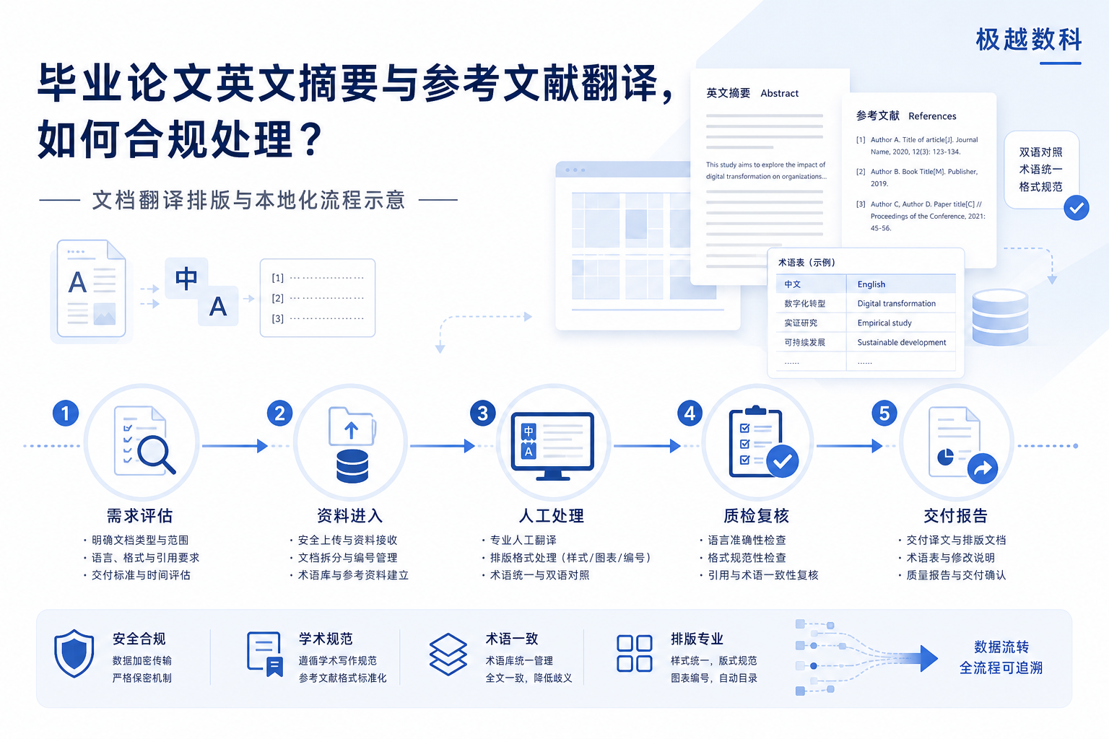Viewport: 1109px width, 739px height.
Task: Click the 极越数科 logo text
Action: click(x=1028, y=40)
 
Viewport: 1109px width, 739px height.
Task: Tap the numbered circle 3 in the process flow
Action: click(x=483, y=413)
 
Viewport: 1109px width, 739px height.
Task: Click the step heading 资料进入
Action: click(x=349, y=516)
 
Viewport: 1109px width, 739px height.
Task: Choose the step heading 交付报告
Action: click(x=955, y=516)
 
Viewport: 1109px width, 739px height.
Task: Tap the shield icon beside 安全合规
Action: click(x=74, y=653)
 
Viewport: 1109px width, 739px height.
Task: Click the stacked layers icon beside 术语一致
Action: click(x=448, y=655)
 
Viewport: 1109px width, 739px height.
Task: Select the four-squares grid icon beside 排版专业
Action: click(x=634, y=653)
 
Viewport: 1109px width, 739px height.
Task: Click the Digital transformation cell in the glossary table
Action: click(x=897, y=303)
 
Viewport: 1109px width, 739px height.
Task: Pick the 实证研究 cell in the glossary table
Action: click(x=801, y=323)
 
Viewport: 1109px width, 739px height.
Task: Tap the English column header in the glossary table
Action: click(x=871, y=284)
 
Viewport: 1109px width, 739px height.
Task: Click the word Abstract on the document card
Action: click(x=779, y=93)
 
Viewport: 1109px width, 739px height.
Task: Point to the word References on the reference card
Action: click(x=932, y=115)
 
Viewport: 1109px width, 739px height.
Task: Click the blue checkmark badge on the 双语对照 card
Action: click(x=1077, y=208)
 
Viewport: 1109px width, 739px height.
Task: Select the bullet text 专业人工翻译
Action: click(x=523, y=540)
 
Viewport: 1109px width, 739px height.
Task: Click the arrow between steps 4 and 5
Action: click(x=850, y=446)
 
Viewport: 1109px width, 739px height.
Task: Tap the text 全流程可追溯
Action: click(x=1001, y=668)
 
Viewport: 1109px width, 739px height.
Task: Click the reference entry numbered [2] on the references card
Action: click(x=917, y=178)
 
